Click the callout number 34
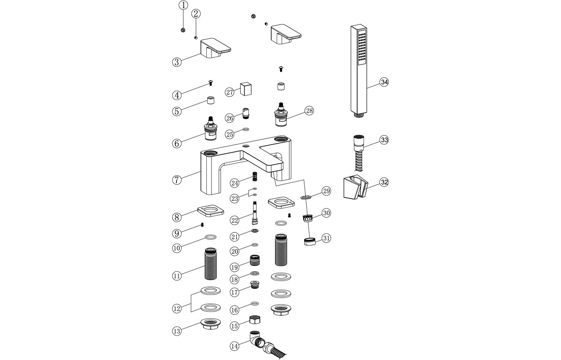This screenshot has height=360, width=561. [x=384, y=82]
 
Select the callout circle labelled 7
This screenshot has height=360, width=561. [x=177, y=180]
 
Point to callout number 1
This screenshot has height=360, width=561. [x=183, y=5]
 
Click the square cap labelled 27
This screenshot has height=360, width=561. [x=247, y=89]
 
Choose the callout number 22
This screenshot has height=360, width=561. [x=235, y=220]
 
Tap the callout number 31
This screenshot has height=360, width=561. [x=326, y=238]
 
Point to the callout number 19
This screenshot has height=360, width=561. [x=235, y=267]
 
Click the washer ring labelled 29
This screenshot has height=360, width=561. [x=306, y=197]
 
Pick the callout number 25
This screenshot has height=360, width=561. [x=230, y=133]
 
